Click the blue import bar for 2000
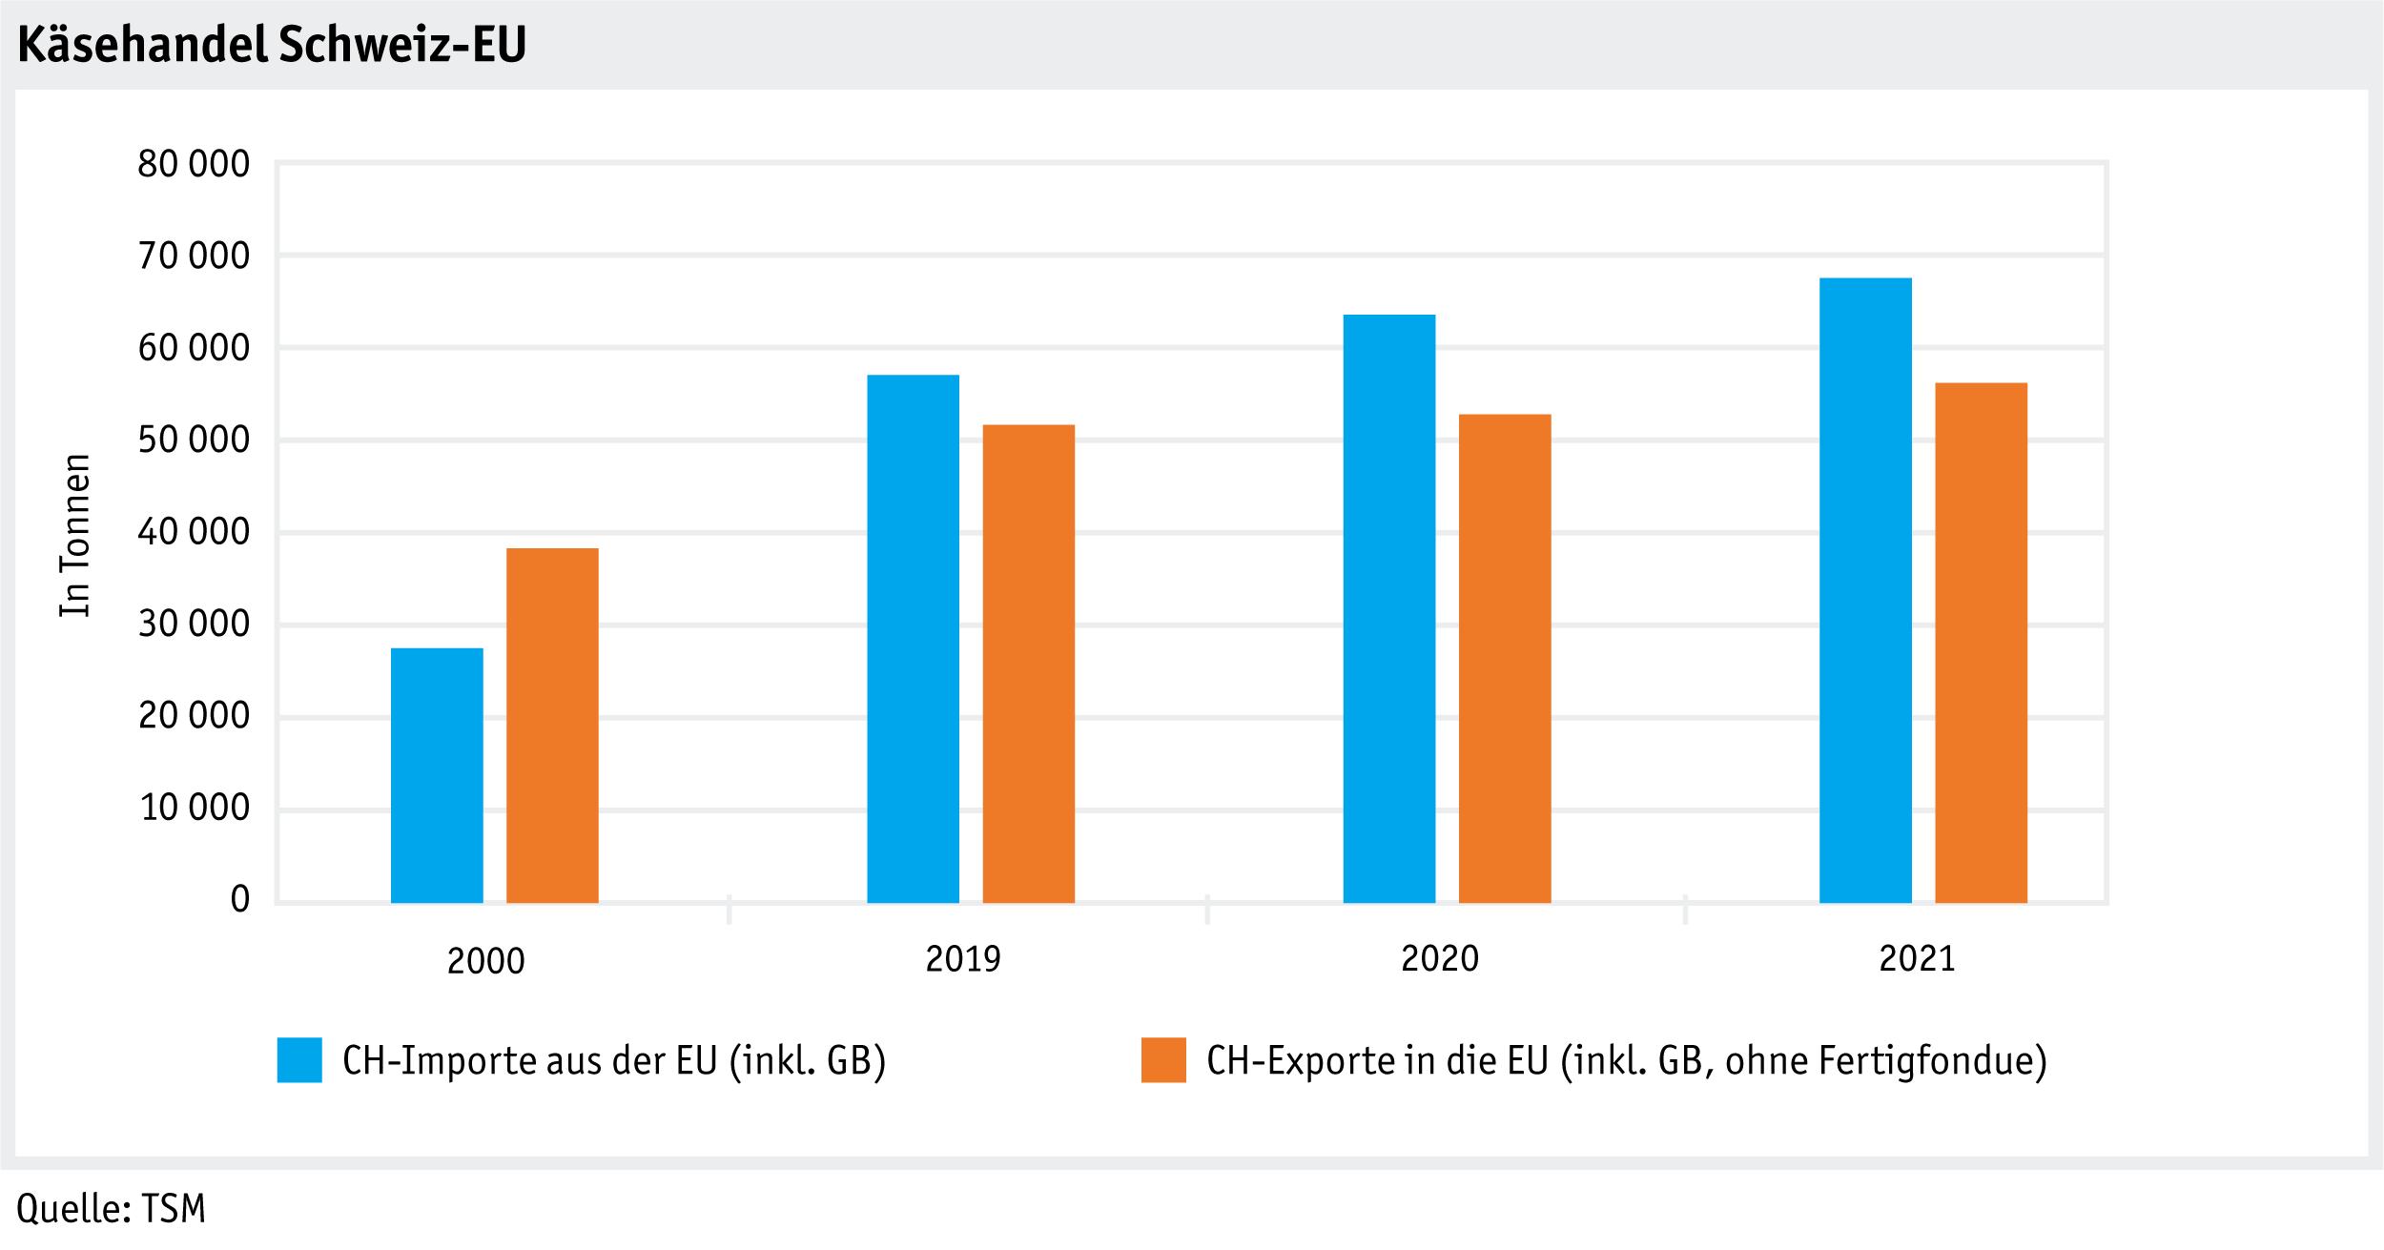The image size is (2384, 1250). pos(437,775)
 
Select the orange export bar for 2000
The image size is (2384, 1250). pos(552,726)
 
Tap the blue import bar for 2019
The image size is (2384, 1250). pos(913,639)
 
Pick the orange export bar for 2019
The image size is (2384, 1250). pos(1028,664)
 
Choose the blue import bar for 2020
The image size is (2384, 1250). pos(1388,608)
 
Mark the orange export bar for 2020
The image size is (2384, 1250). pos(1505,658)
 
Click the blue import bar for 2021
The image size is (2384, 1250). pos(1865,590)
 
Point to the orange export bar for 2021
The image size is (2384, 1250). pos(1981,643)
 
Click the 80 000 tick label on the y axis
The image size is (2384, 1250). pos(194,165)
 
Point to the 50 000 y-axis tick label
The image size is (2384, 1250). pos(194,441)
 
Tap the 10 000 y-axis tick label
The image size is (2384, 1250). pos(194,809)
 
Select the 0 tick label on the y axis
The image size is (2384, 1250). pos(239,899)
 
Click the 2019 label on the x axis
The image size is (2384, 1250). pos(963,958)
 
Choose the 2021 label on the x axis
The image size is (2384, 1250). pos(1917,958)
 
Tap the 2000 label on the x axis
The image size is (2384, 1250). pos(485,960)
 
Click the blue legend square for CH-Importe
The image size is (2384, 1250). pos(299,1060)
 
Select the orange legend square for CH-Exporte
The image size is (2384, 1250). pos(1163,1060)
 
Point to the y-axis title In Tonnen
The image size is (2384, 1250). pos(75,535)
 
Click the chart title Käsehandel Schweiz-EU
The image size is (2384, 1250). pos(272,45)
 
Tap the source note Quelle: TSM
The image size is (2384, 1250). pos(111,1209)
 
